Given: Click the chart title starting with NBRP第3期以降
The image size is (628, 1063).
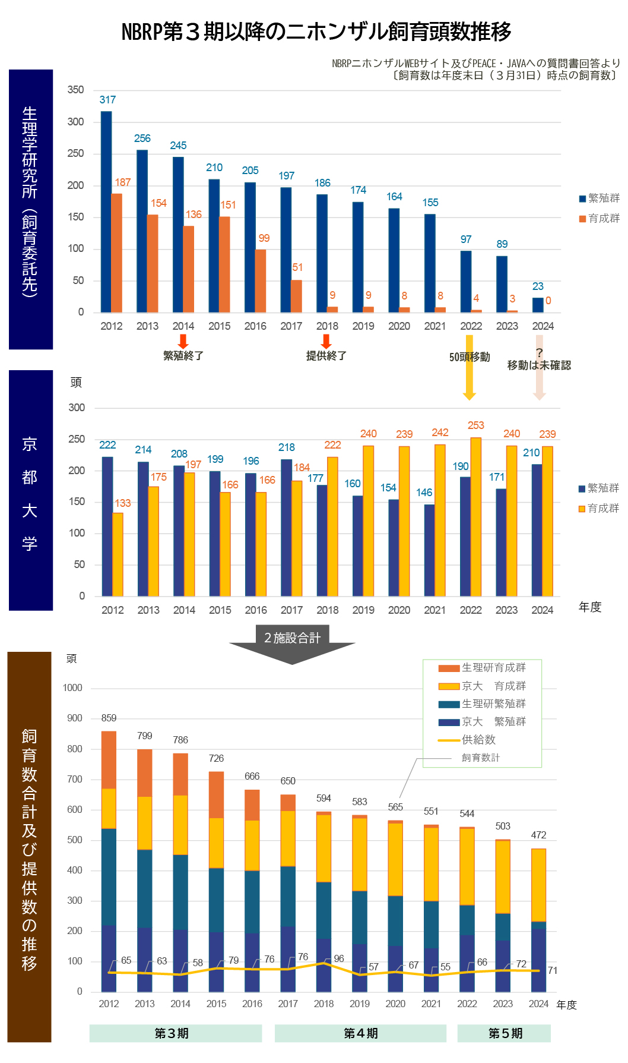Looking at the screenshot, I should coord(316,31).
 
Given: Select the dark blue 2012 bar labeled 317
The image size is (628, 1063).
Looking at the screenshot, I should coord(106,212).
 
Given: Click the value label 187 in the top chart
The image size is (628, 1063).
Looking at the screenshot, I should coord(122,182).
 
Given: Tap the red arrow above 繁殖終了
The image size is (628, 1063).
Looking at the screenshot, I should coord(183,341).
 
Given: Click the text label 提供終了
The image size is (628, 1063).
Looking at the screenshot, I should coord(326,356).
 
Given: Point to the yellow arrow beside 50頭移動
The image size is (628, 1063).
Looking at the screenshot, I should coord(469,368).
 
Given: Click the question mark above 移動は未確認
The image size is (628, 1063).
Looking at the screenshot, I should coord(539,353).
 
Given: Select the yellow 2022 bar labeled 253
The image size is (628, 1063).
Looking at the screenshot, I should coord(475,517).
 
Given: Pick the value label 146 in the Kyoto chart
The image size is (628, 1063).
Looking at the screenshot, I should coord(424,493).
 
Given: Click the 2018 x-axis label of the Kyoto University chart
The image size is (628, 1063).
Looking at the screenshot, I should coord(328,610).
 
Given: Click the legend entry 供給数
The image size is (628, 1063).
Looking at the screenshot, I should coord(478,740).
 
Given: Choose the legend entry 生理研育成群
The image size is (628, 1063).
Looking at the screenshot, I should coord(493,668).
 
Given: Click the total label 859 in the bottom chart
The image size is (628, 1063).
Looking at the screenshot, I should coord(109,718).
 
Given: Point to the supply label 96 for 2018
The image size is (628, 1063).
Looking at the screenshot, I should coord(339,958).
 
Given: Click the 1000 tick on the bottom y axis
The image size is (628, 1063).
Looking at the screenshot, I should coord(72,688).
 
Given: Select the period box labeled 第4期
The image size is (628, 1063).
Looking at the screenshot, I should coord(360,1033).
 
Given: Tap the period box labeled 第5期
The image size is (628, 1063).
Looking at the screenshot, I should coord(505,1033).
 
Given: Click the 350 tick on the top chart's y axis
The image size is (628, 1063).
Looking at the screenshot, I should coord(75,90).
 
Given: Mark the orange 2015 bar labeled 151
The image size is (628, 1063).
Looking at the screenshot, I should coord(224,264).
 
